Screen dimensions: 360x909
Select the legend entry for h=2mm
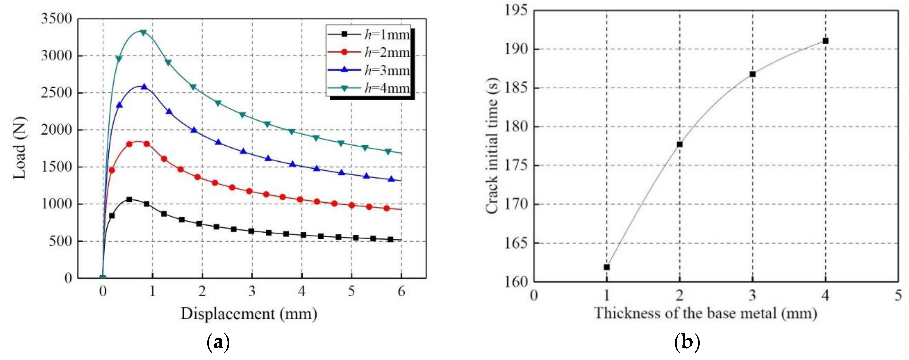pos(369,52)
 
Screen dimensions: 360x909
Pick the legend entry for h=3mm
pos(369,70)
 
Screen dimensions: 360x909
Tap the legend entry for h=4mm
pos(369,88)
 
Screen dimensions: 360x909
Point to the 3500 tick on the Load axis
pos(57,19)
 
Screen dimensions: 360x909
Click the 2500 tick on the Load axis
pos(57,93)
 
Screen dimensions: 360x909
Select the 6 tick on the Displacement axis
pos(401,292)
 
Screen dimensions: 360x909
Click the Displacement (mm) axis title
pos(249,314)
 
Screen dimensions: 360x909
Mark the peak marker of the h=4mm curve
pos(143,33)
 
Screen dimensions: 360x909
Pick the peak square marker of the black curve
pos(129,199)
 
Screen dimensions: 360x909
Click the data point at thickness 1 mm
pos(607,267)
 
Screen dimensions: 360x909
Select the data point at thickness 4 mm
pos(825,41)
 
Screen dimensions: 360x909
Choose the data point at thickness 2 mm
pos(680,144)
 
